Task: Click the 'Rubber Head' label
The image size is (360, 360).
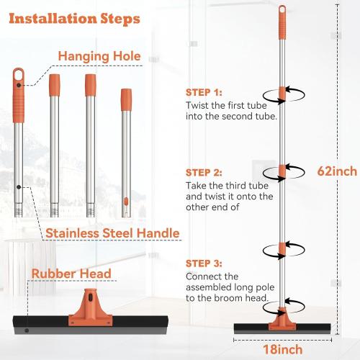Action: coord(71,274)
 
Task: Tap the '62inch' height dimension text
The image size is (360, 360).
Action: coord(337,171)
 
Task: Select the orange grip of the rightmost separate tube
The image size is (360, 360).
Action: coord(127,101)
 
